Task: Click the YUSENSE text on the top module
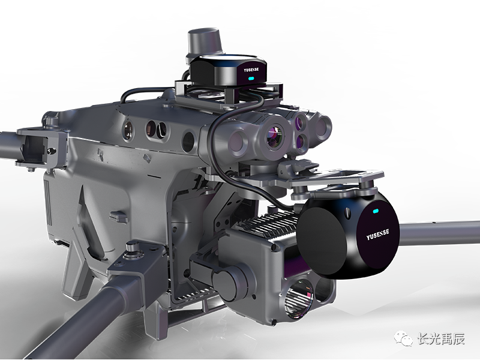251,70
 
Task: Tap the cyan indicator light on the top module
251,79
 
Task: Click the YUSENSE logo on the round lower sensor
378,235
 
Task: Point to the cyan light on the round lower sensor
376,211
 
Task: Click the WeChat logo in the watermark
403,339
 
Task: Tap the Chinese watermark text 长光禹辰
441,339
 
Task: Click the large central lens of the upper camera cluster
275,137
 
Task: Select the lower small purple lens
301,140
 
